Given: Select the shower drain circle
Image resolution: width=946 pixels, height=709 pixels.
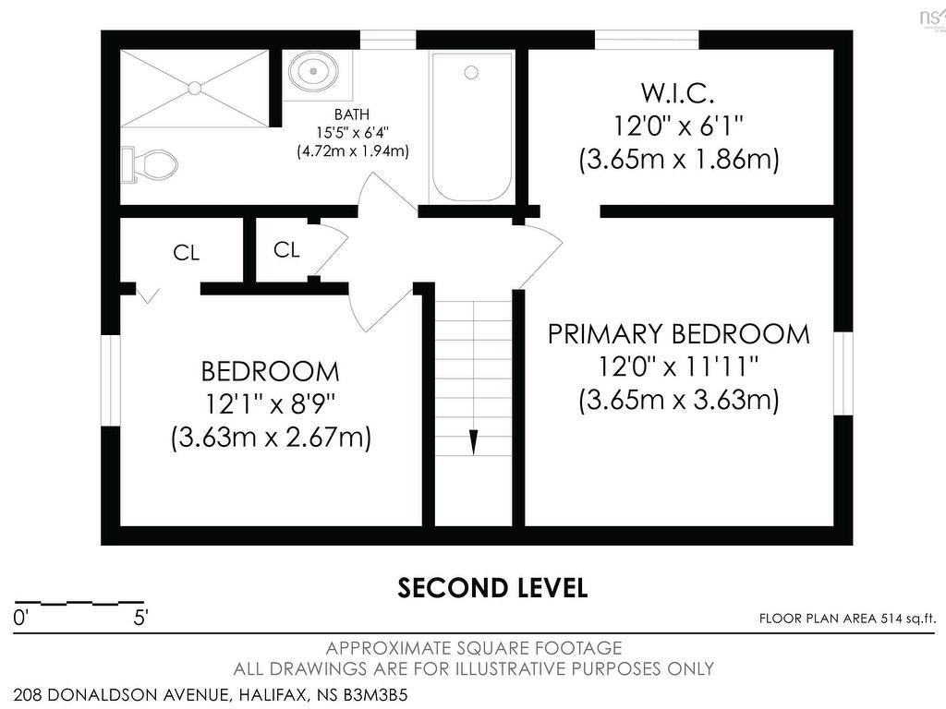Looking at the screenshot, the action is coord(194,88).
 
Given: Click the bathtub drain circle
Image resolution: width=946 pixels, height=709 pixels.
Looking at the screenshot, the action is coord(471,73).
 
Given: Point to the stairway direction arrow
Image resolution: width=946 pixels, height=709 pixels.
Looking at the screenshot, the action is coord(474,442).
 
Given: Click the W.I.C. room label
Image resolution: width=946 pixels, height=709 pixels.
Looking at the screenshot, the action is coord(677,93).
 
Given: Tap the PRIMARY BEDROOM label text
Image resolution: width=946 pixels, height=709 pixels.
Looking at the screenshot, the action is coord(679,334).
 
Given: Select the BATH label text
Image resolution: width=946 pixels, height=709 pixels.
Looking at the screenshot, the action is coord(352,114).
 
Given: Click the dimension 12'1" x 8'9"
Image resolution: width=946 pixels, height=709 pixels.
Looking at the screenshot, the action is coord(271,404).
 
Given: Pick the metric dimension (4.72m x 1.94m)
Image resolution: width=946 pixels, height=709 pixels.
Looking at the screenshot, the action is coord(353,150).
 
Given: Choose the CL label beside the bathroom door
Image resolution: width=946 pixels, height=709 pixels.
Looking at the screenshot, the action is coord(286,249).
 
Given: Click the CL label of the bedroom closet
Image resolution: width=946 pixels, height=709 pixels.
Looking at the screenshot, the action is coord(186,253).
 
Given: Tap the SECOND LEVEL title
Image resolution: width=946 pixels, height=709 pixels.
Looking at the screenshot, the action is coord(492,588).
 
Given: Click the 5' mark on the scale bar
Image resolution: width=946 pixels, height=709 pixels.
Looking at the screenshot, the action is coord(140,618).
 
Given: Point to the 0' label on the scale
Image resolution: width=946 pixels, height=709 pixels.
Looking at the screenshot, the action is coord(20,618).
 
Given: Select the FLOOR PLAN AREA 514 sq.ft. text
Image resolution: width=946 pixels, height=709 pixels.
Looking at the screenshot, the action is coord(848,619).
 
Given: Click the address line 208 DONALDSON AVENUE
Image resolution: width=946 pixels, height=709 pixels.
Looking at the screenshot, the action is coord(211,695).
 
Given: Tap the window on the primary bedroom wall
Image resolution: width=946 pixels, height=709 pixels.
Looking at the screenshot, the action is coord(843,373).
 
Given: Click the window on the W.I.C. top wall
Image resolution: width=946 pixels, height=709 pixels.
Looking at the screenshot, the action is coord(648,40).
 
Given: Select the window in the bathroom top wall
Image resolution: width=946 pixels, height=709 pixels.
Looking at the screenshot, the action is coord(388,40).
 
